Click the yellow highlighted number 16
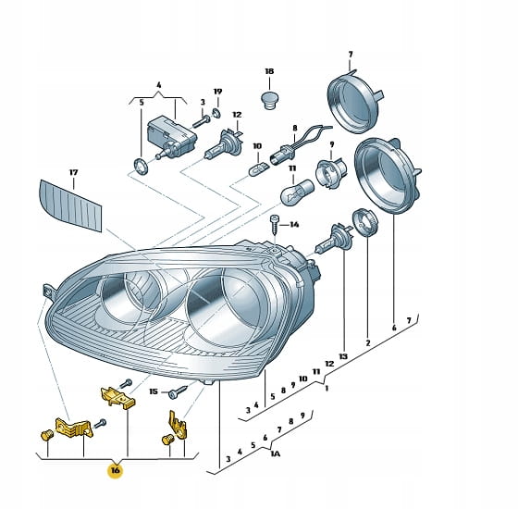(x=115, y=470)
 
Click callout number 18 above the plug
(x=269, y=71)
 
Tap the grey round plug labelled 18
(x=268, y=100)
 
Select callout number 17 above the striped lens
(x=73, y=172)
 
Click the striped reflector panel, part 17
(x=70, y=205)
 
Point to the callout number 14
(x=294, y=225)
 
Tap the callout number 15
(x=154, y=391)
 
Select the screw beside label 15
(x=178, y=392)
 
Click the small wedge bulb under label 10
(x=259, y=168)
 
